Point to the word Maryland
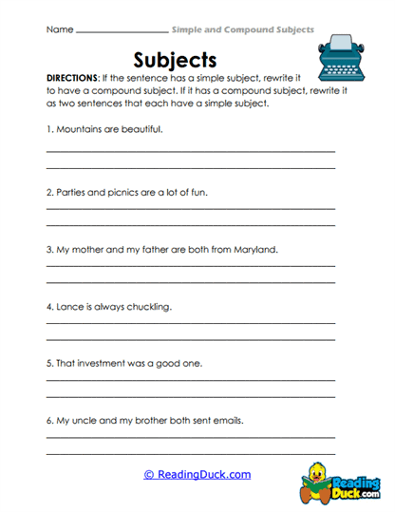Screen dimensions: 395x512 point(252,251)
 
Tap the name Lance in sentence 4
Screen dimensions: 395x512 point(69,308)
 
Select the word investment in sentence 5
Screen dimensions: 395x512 point(105,364)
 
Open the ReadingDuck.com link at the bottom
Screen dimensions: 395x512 point(197,474)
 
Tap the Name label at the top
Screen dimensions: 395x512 point(58,29)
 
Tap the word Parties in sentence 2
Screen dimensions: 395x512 point(71,192)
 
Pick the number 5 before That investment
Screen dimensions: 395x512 point(47,364)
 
